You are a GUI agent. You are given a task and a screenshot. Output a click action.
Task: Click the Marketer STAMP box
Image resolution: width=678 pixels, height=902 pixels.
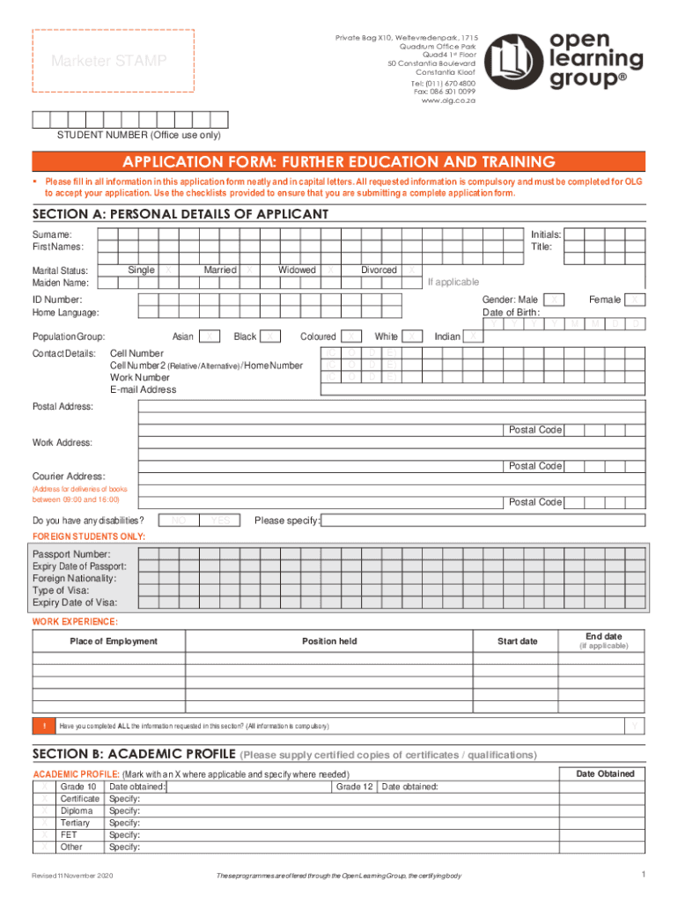click(114, 62)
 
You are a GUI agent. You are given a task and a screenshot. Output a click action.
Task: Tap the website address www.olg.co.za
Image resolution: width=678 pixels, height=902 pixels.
click(448, 100)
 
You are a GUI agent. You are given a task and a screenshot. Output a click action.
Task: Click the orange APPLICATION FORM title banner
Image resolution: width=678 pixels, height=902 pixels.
click(338, 162)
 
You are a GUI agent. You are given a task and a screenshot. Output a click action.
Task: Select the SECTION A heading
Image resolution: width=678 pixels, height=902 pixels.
click(181, 214)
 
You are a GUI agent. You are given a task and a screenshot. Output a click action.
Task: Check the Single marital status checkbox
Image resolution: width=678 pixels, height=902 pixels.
click(168, 270)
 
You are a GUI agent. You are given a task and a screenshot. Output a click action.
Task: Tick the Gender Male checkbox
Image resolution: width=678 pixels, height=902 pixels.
click(554, 300)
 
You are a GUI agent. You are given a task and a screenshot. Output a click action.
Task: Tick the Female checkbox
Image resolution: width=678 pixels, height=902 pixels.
click(637, 300)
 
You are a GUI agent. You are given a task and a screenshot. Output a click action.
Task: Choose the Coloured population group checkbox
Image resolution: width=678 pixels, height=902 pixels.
click(351, 336)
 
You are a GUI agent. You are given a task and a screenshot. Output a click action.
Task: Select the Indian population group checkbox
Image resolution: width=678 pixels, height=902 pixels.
click(474, 336)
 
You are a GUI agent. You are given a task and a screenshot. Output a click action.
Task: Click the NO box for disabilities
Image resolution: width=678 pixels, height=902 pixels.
click(179, 521)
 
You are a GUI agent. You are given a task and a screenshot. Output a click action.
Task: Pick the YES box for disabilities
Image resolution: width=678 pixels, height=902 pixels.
click(220, 521)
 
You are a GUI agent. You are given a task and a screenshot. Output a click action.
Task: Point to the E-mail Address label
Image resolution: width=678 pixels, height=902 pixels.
click(143, 389)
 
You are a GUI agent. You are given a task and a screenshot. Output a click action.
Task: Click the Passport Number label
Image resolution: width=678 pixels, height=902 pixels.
click(71, 554)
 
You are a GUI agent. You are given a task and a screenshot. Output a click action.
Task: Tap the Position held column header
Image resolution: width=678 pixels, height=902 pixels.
click(329, 641)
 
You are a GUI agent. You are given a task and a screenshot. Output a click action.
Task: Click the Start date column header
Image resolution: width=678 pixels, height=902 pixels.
click(517, 641)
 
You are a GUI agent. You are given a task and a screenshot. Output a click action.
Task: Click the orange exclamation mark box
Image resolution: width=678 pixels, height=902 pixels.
click(44, 726)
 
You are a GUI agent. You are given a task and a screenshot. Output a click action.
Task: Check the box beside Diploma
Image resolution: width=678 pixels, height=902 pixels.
click(44, 810)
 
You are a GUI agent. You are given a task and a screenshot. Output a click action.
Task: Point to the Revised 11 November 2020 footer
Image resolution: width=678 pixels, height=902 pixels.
click(72, 876)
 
